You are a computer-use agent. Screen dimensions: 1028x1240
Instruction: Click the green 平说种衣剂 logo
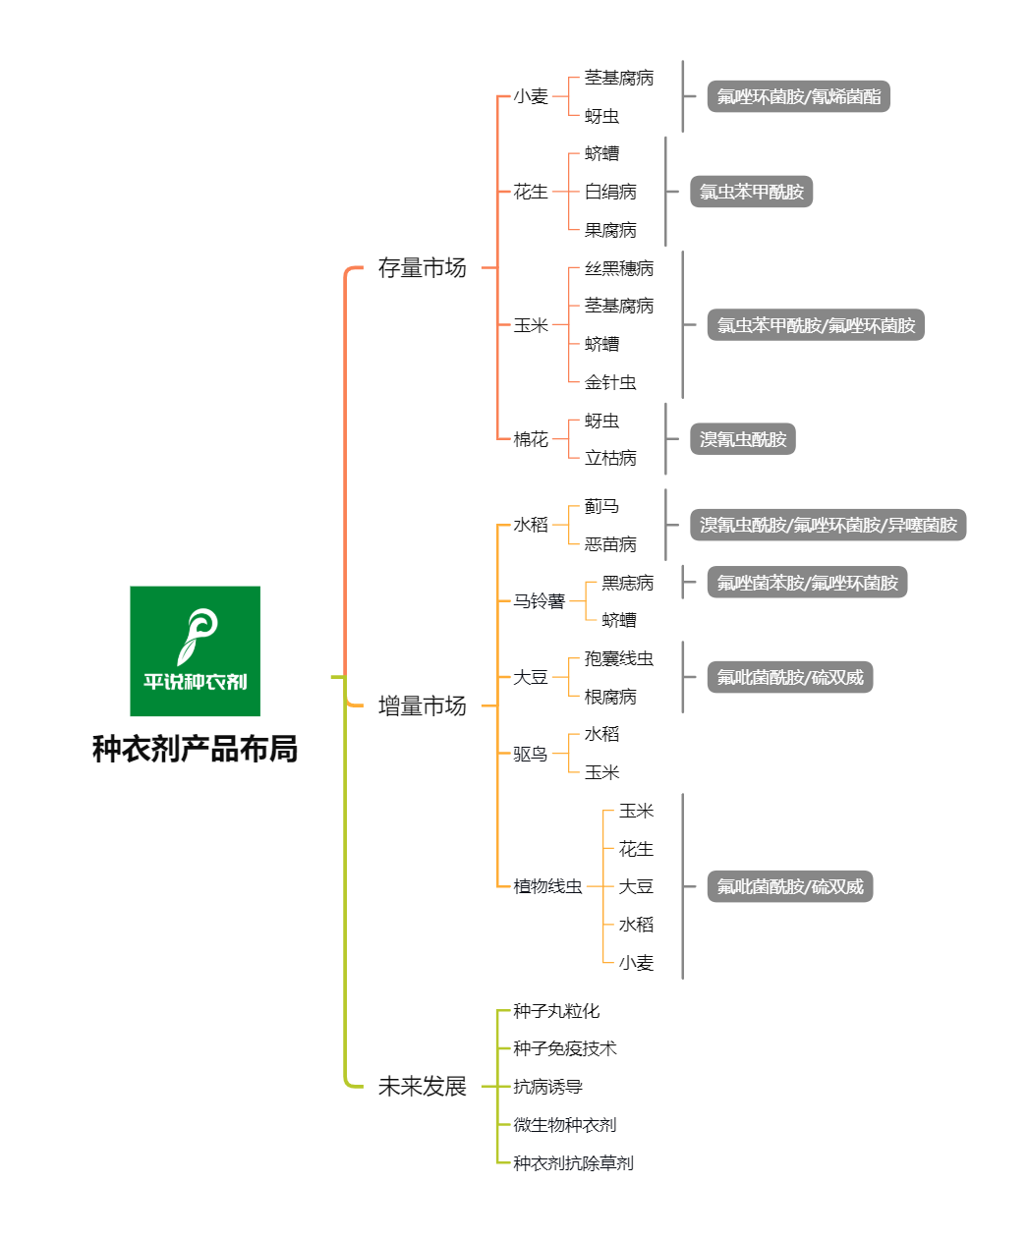point(195,650)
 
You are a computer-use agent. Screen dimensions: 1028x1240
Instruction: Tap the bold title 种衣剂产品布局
point(195,749)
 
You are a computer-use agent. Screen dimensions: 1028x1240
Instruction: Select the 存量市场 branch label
point(422,268)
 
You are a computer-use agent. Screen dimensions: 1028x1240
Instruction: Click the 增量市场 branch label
point(422,705)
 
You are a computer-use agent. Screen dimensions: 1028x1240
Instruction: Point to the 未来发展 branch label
point(422,1086)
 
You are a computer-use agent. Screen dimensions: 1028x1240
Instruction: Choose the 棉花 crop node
point(531,439)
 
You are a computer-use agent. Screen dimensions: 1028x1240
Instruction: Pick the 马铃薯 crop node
point(539,601)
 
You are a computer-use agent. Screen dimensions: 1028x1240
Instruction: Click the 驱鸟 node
point(531,754)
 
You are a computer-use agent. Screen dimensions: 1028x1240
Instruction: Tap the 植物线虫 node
point(547,886)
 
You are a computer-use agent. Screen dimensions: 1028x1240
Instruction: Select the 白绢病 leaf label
point(610,192)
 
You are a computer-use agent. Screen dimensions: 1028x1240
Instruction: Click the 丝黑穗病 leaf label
point(618,268)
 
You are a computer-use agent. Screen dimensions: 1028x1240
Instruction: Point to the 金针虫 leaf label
point(610,382)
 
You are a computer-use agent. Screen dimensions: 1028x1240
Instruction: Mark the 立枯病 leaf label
point(610,458)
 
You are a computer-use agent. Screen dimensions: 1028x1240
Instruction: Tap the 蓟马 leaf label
point(601,506)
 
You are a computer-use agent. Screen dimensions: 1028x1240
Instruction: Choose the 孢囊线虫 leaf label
point(618,658)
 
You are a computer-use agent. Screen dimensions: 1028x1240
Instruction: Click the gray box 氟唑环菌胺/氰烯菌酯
point(798,96)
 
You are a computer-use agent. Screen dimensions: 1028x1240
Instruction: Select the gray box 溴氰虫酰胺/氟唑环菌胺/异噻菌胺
point(828,525)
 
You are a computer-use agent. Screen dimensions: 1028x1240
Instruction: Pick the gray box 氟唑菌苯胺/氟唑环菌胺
point(807,582)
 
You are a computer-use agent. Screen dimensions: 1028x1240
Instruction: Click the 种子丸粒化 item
point(556,1011)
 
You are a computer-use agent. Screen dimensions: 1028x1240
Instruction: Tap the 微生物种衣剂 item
point(564,1125)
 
